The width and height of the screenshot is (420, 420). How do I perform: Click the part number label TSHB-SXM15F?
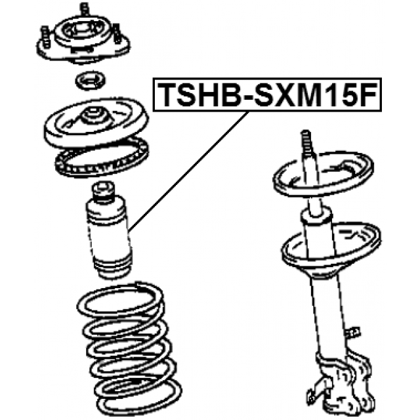click(268, 95)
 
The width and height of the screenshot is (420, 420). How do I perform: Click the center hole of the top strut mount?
click(83, 31)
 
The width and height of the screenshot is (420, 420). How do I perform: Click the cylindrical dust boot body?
click(105, 233)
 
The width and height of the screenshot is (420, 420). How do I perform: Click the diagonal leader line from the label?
click(190, 171)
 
